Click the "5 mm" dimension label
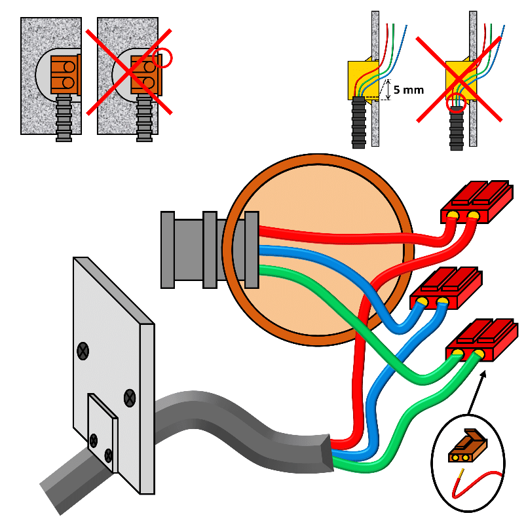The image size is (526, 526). click(410, 90)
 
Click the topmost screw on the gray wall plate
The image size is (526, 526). click(83, 352)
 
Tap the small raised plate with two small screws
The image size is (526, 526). click(102, 433)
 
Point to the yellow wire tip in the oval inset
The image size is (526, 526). click(463, 474)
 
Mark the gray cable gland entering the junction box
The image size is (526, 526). click(197, 250)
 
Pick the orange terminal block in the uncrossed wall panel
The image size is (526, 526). click(64, 73)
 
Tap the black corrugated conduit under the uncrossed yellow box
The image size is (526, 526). click(358, 123)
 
